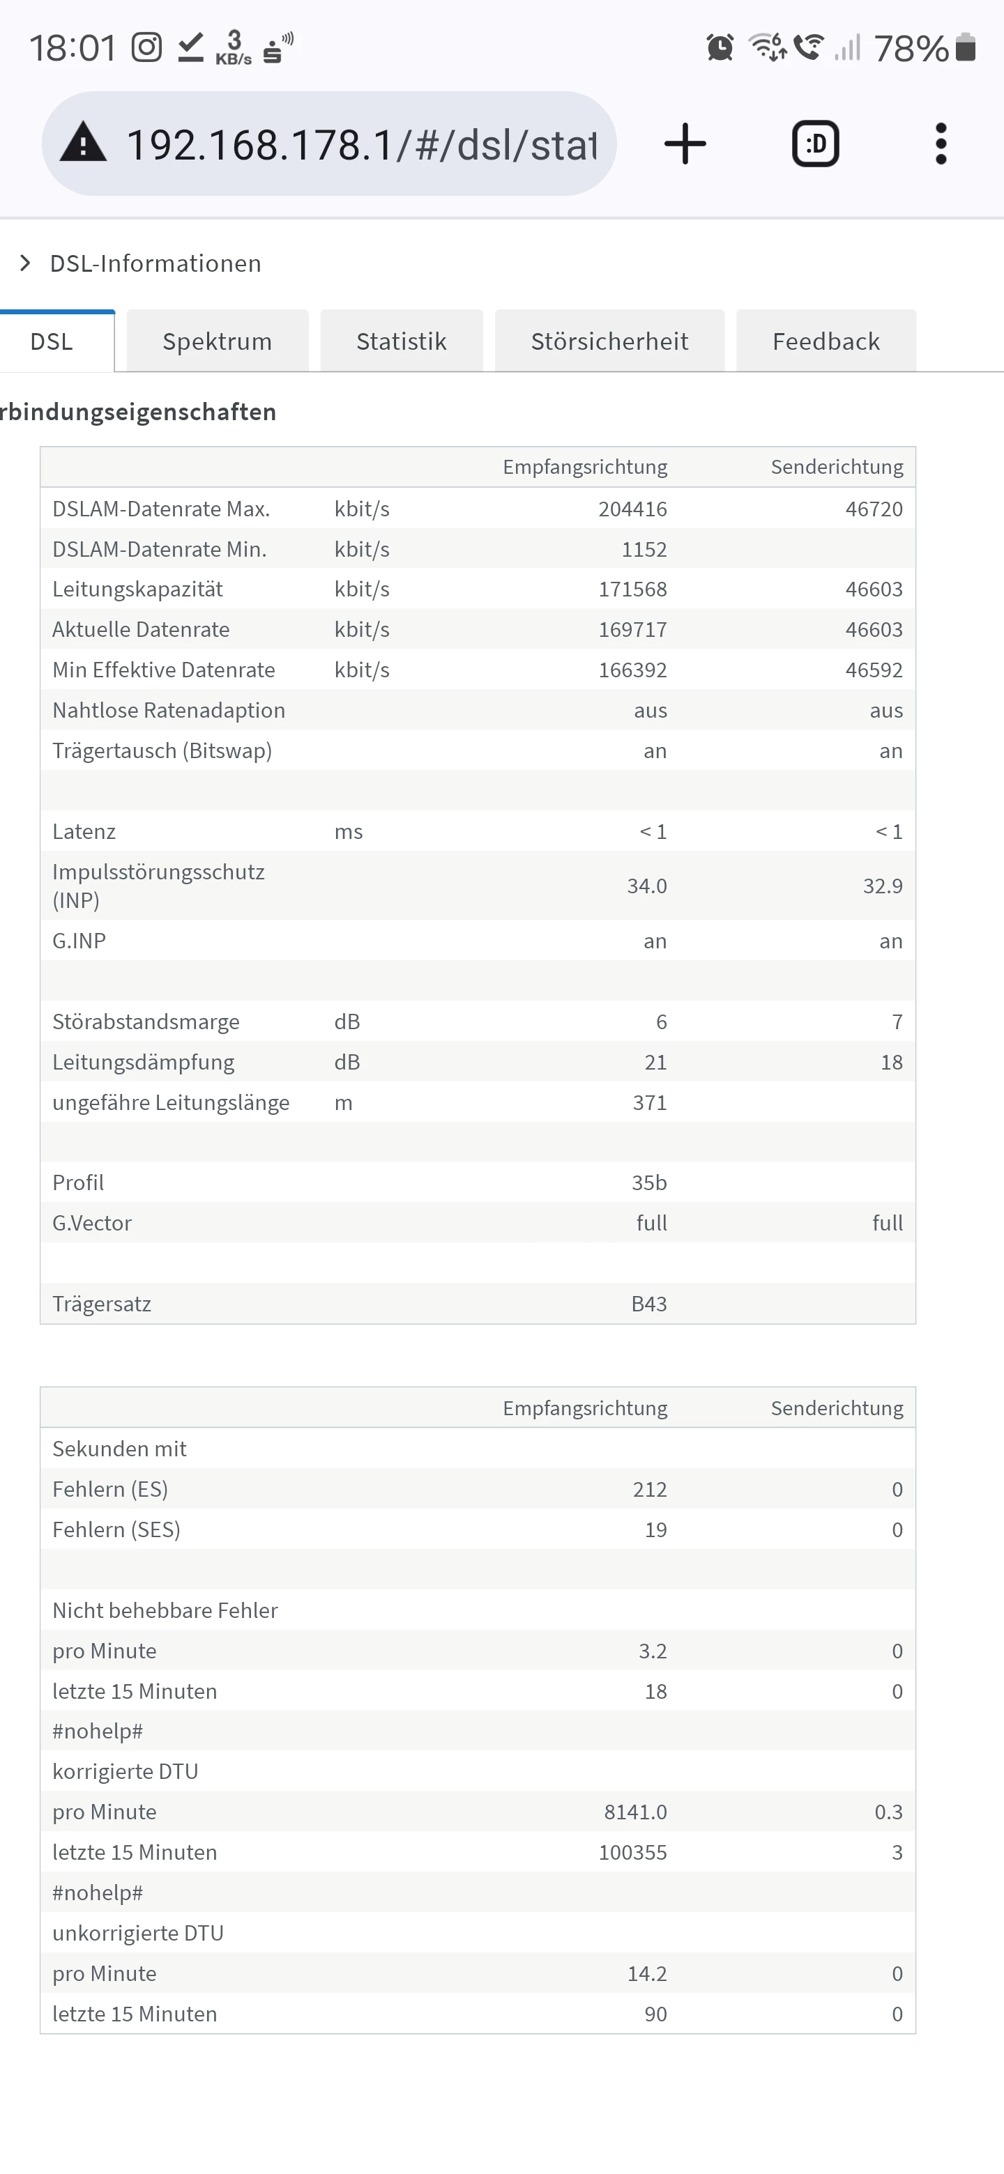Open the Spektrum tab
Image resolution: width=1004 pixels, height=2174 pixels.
coord(217,341)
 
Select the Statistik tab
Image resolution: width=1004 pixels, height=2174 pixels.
coord(401,341)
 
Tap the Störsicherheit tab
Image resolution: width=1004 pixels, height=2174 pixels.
coord(609,341)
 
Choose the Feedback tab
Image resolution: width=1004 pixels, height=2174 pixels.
coord(826,341)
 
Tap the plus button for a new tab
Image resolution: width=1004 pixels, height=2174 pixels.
coord(685,144)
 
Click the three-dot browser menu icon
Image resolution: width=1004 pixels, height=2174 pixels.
coord(941,144)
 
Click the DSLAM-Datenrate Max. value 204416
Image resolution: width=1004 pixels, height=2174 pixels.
coord(632,509)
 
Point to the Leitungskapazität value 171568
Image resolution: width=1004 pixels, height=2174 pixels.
coord(632,589)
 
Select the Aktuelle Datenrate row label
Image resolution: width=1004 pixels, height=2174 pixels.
coord(141,630)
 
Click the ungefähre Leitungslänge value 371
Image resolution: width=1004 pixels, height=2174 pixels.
coord(649,1102)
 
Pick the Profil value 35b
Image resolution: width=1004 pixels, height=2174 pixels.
coord(648,1182)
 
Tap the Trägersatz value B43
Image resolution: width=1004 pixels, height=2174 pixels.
coord(648,1304)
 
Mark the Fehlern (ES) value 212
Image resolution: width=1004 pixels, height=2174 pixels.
coord(649,1490)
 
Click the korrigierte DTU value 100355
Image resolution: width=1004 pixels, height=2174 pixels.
coord(632,1853)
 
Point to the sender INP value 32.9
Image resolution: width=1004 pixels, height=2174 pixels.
coord(883,886)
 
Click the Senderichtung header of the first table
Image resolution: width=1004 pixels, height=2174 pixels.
coord(836,467)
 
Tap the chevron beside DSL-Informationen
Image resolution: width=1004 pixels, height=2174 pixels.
coord(25,263)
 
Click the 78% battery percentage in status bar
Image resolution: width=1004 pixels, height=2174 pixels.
coord(911,49)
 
